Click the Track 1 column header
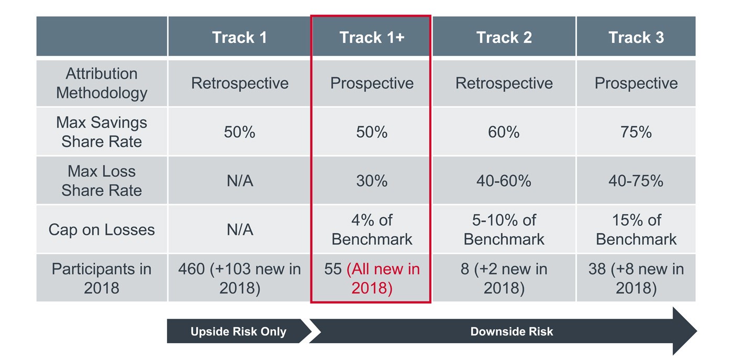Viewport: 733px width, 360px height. pyautogui.click(x=239, y=38)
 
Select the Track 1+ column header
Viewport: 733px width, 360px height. pyautogui.click(x=372, y=38)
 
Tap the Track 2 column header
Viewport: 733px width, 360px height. pyautogui.click(x=504, y=38)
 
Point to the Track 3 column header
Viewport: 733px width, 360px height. pyautogui.click(x=636, y=38)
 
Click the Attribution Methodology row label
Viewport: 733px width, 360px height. pyautogui.click(x=102, y=83)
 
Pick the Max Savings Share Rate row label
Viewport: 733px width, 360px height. pyautogui.click(x=102, y=132)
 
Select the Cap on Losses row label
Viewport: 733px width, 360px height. pyautogui.click(x=102, y=230)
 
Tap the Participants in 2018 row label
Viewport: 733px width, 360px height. pyautogui.click(x=102, y=278)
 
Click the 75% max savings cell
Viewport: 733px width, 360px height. pyautogui.click(x=636, y=132)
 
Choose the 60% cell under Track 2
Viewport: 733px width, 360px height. pyautogui.click(x=504, y=132)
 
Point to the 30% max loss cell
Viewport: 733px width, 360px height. pyautogui.click(x=372, y=181)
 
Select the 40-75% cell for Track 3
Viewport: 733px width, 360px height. pyautogui.click(x=636, y=181)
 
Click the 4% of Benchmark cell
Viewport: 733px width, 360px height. pyautogui.click(x=372, y=230)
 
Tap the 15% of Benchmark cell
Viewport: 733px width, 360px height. pyautogui.click(x=636, y=230)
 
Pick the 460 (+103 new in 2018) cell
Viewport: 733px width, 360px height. pyautogui.click(x=239, y=278)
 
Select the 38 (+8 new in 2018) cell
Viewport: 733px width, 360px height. pyautogui.click(x=636, y=278)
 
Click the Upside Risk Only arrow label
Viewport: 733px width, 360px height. pyautogui.click(x=238, y=332)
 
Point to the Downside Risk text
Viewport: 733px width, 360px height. pyautogui.click(x=512, y=332)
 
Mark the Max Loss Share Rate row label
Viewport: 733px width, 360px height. pyautogui.click(x=102, y=181)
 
